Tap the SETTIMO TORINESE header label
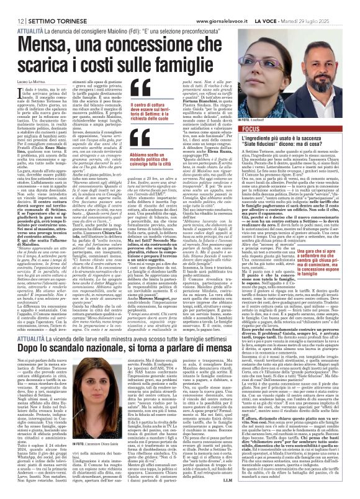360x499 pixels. [x=47, y=4]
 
